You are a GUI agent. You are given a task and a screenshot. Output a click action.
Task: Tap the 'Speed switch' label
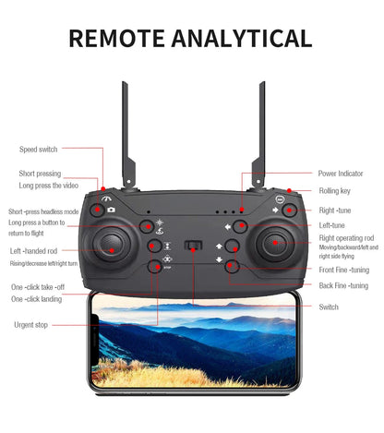tap(38, 149)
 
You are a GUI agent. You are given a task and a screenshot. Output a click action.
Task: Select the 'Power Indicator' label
tap(341, 174)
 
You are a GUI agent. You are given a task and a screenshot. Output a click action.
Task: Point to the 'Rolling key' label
tap(334, 191)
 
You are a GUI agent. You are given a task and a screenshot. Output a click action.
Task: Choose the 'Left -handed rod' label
tap(34, 251)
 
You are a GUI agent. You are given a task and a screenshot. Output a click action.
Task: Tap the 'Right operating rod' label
tap(346, 238)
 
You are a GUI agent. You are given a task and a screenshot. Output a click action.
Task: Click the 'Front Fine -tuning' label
tap(343, 270)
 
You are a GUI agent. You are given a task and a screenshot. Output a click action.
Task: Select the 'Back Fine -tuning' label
tap(343, 286)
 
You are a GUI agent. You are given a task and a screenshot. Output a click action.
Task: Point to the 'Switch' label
tap(329, 307)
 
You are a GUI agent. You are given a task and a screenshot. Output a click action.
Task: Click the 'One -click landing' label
tap(37, 299)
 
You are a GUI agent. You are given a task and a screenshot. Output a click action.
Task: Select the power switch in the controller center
tap(193, 247)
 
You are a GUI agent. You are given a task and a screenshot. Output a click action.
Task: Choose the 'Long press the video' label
tap(48, 186)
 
